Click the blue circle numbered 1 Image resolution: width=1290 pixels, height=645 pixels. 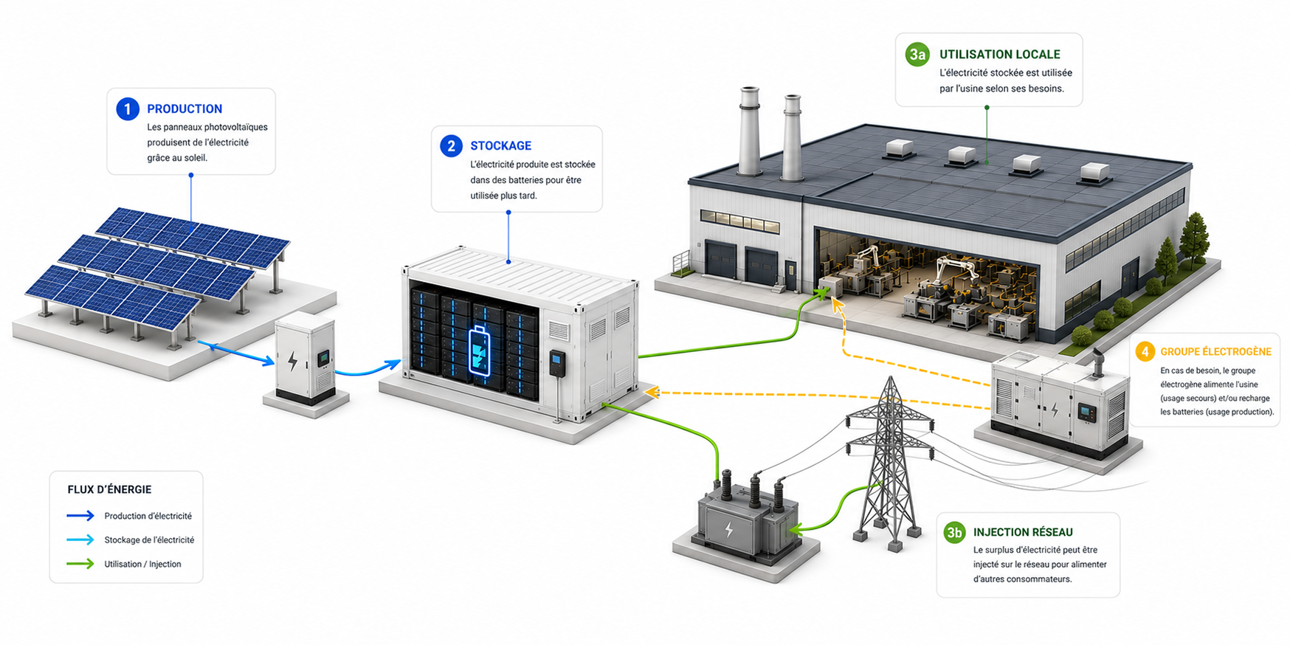click(x=128, y=109)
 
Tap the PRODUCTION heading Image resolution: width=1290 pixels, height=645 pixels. click(x=184, y=109)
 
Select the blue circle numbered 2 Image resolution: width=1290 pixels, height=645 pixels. click(x=451, y=146)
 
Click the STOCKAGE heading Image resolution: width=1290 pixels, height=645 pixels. click(x=500, y=146)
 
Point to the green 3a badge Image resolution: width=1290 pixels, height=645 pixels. click(x=917, y=55)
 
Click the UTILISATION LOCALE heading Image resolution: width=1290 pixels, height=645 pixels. click(x=999, y=55)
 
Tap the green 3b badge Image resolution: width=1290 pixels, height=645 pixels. click(x=955, y=532)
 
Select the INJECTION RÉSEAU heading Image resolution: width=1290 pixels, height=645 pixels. click(x=1023, y=532)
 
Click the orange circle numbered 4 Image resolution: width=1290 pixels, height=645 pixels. click(x=1145, y=351)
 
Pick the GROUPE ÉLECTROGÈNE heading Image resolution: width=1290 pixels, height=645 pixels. click(x=1215, y=352)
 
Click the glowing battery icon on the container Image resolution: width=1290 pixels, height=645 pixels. click(x=479, y=350)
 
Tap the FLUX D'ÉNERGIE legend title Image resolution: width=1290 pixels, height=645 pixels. click(x=109, y=489)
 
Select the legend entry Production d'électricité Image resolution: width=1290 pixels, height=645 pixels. click(x=148, y=516)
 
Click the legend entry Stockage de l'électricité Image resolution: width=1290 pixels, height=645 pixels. click(x=149, y=540)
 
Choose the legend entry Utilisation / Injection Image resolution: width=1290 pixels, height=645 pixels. click(x=142, y=565)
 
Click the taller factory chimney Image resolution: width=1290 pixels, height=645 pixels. click(x=749, y=131)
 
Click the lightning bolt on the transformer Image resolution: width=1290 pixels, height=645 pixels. click(x=729, y=529)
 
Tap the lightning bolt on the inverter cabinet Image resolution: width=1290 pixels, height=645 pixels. click(x=293, y=360)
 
